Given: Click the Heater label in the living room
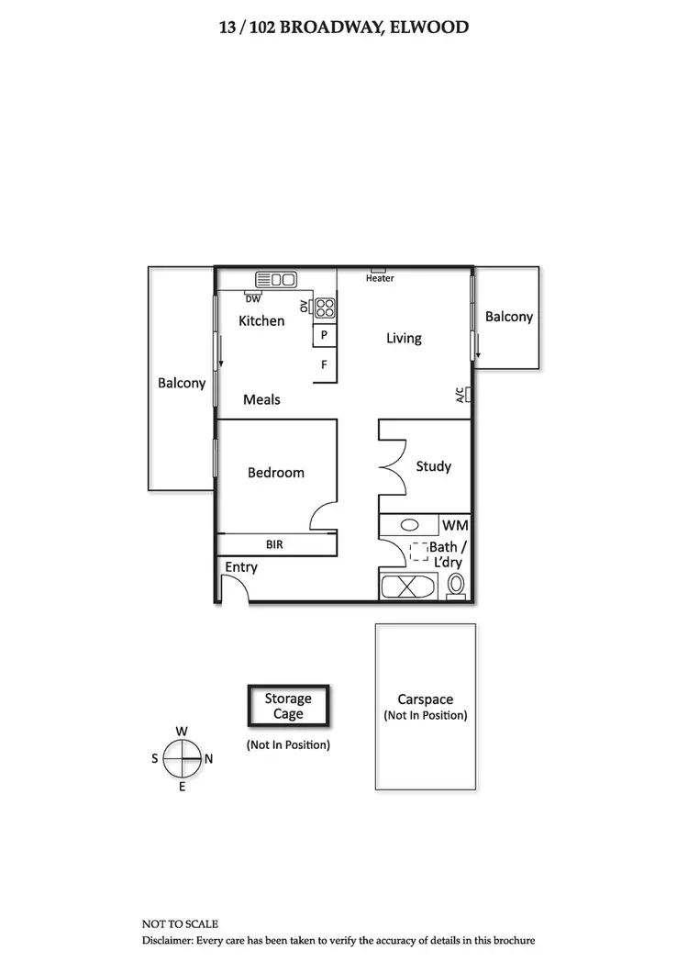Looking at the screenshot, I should pyautogui.click(x=380, y=278).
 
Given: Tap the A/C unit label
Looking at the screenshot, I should pyautogui.click(x=461, y=396).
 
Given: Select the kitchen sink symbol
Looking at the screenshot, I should pyautogui.click(x=275, y=279).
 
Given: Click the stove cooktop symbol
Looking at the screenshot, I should pyautogui.click(x=325, y=308).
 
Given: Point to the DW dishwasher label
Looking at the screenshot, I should pyautogui.click(x=252, y=298).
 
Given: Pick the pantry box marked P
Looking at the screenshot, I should pyautogui.click(x=325, y=336).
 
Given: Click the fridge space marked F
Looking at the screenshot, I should pyautogui.click(x=325, y=364).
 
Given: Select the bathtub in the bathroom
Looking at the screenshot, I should pyautogui.click(x=409, y=587).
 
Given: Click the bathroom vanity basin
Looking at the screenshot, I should pyautogui.click(x=410, y=526).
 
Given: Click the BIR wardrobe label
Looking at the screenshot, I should pyautogui.click(x=274, y=544).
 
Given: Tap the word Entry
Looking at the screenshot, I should pyautogui.click(x=241, y=567).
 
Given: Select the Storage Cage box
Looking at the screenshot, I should pyautogui.click(x=288, y=706).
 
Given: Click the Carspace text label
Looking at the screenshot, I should pyautogui.click(x=425, y=699).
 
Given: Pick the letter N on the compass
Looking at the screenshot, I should pyautogui.click(x=208, y=759).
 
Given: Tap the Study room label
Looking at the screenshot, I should pyautogui.click(x=433, y=466).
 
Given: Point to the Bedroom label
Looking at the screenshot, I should pyautogui.click(x=276, y=473).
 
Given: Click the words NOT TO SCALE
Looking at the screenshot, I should pyautogui.click(x=180, y=923).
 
